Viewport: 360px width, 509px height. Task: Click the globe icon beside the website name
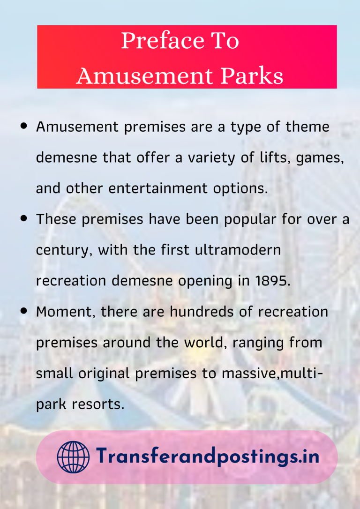[73, 457]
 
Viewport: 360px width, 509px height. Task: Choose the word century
[65, 250]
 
